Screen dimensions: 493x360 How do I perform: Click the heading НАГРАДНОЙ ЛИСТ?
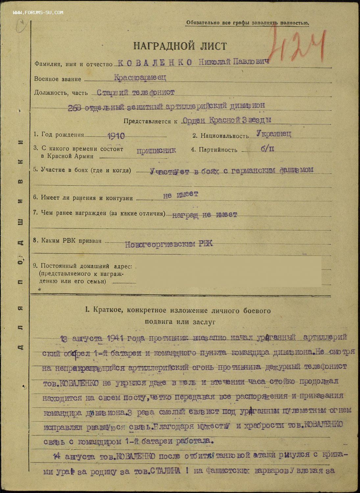180,46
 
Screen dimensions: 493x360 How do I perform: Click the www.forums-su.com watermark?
38,12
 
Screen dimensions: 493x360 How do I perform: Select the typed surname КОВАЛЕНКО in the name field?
155,62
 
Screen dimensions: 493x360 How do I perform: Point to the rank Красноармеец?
140,78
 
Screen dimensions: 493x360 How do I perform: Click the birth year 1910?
116,136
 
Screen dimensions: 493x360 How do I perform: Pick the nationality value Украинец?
274,134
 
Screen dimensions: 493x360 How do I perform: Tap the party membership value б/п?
268,149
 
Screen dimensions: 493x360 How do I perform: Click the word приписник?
156,151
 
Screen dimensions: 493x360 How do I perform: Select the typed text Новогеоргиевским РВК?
169,244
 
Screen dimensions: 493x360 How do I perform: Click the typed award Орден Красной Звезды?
227,120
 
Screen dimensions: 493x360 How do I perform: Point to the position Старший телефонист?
135,92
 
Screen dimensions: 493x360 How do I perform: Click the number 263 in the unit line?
75,107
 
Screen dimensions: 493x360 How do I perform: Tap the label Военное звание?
58,79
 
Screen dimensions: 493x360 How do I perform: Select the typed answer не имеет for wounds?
180,195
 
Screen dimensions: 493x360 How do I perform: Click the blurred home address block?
228,272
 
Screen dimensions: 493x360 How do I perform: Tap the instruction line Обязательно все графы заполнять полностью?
247,23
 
